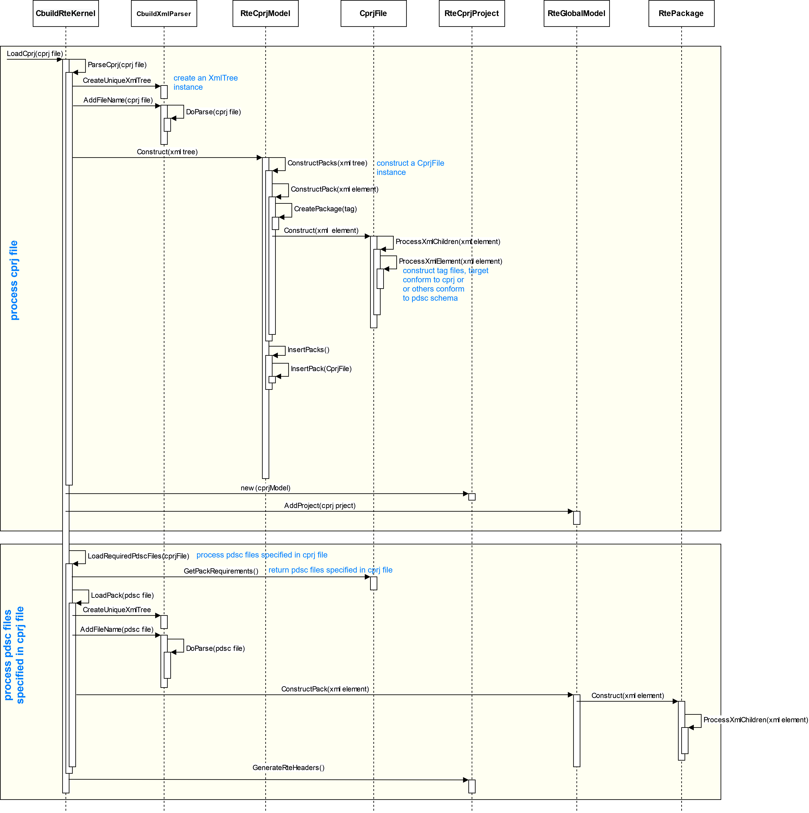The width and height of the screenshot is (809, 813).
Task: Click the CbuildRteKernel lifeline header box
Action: click(x=66, y=13)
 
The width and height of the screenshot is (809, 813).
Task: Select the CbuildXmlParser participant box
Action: click(x=164, y=13)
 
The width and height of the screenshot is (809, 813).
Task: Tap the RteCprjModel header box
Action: click(x=265, y=13)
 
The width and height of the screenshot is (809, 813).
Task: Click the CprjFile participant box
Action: click(x=373, y=13)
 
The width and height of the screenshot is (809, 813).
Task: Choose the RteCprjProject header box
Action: click(x=472, y=13)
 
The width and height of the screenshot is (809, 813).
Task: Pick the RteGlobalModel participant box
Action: click(x=576, y=13)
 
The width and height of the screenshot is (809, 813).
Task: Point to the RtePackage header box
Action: click(x=681, y=13)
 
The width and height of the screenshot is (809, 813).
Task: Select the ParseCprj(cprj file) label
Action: click(x=117, y=65)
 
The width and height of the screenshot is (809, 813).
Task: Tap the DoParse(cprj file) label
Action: click(x=213, y=112)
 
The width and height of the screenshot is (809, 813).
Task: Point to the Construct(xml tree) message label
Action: click(x=167, y=152)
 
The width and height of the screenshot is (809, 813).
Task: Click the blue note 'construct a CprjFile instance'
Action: click(x=410, y=168)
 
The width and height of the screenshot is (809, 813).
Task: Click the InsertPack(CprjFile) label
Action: click(x=321, y=369)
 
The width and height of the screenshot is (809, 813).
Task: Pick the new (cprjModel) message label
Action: click(x=265, y=488)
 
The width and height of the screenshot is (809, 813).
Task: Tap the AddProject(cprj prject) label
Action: click(x=320, y=506)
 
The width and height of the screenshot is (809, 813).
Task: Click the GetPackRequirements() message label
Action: click(x=221, y=571)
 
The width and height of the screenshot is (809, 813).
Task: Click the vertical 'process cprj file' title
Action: click(x=14, y=280)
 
